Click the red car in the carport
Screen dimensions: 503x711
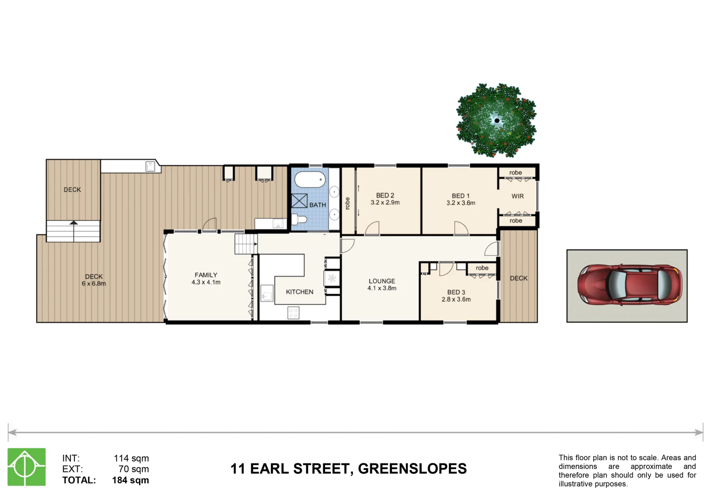click(630, 285)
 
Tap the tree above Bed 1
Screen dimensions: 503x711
click(496, 120)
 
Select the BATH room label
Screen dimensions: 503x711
click(318, 205)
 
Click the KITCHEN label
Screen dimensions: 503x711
click(299, 292)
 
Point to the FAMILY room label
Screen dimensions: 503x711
click(206, 275)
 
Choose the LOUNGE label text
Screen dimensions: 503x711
click(382, 281)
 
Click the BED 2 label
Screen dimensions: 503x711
click(385, 196)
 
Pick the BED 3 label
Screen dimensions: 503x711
click(456, 292)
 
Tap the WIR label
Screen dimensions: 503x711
click(517, 196)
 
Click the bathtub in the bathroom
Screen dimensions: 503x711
click(310, 180)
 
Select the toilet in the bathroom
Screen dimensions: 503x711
click(299, 219)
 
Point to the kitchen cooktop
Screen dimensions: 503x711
click(293, 313)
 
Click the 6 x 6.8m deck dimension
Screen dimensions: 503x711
click(94, 284)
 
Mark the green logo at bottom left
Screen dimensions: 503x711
click(27, 467)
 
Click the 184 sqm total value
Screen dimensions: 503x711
click(130, 480)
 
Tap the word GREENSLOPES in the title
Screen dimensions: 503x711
click(412, 469)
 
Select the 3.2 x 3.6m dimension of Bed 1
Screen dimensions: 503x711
click(460, 203)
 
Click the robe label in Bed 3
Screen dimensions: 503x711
click(482, 268)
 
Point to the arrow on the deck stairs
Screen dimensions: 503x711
click(74, 224)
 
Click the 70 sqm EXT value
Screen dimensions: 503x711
click(134, 469)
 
